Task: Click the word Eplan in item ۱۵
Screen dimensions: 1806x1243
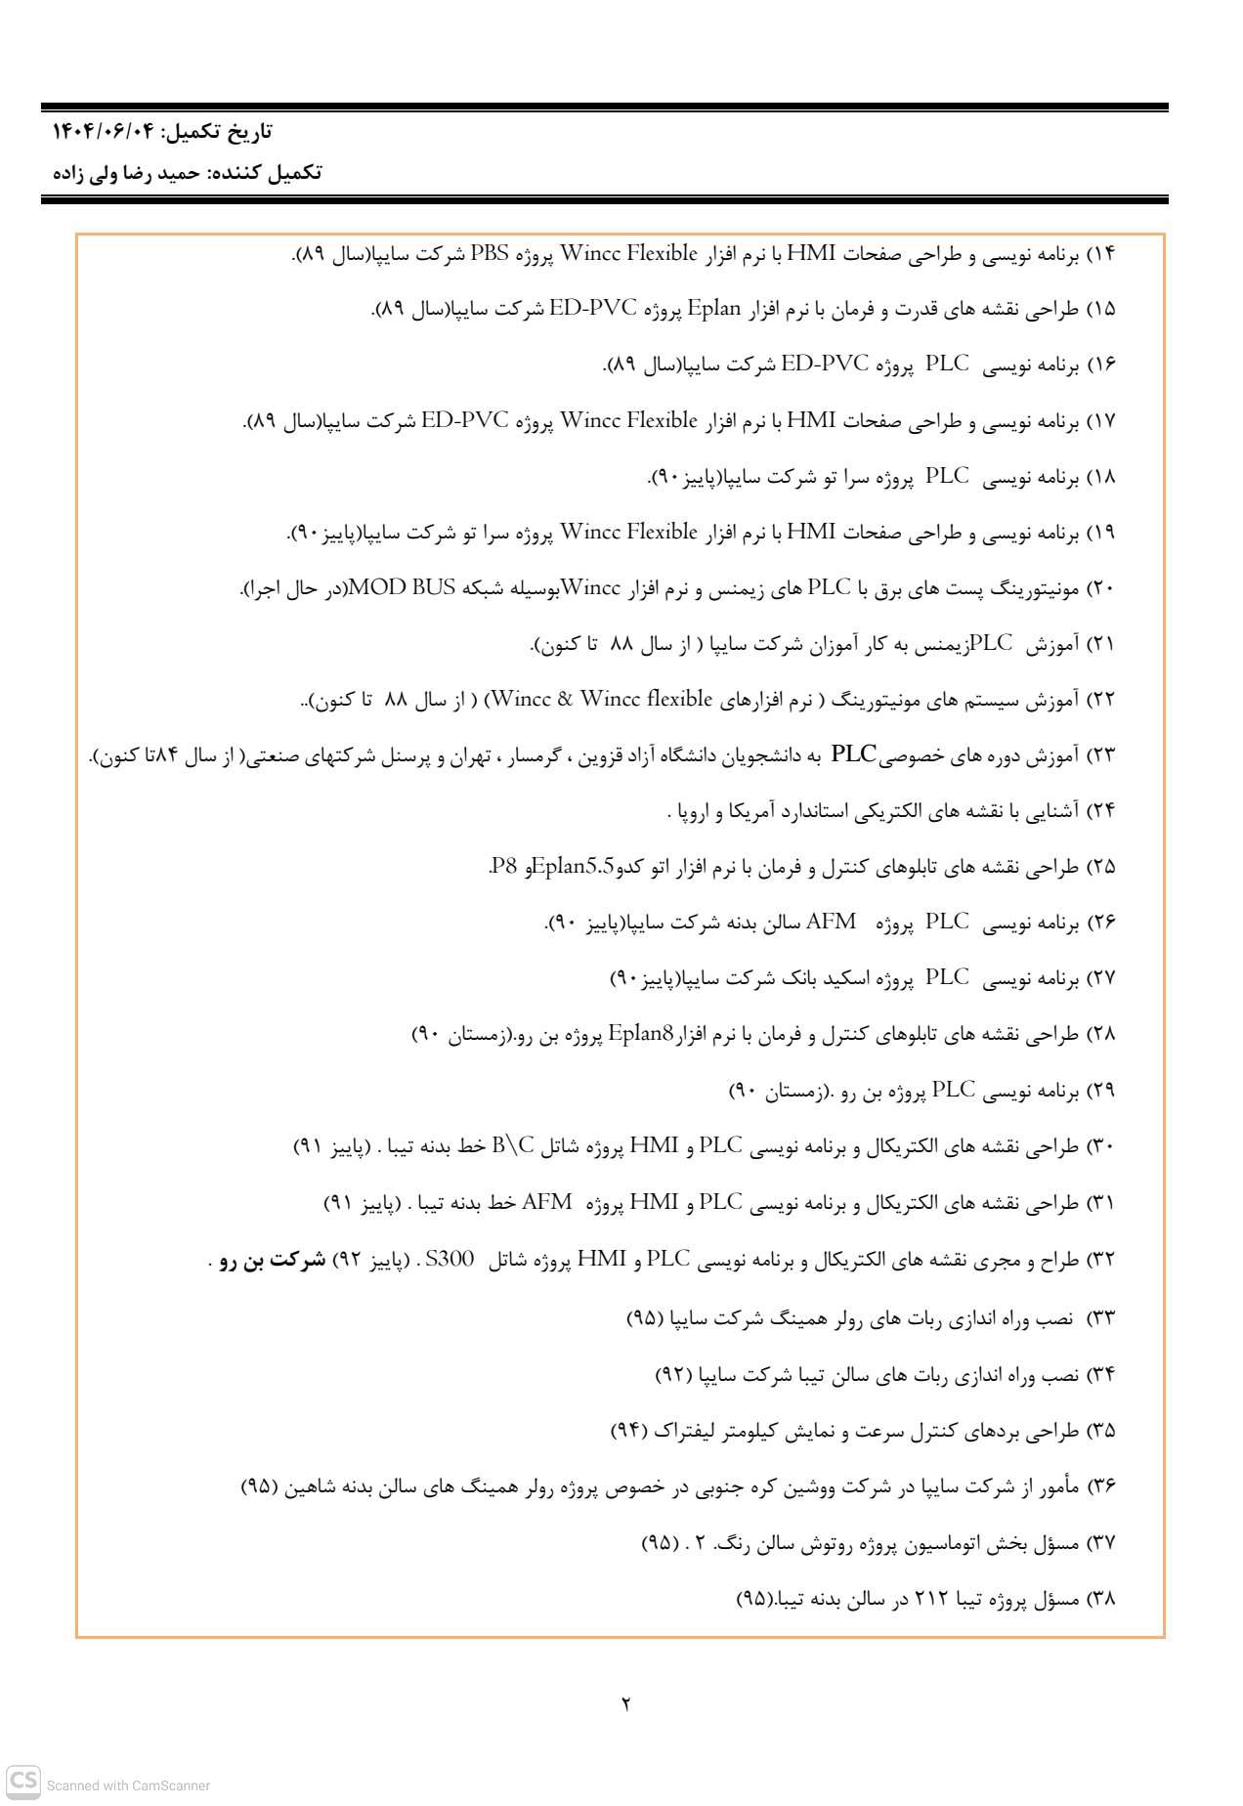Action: point(717,310)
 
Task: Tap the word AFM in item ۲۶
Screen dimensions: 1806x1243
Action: point(832,922)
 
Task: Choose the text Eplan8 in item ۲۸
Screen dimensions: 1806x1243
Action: point(641,1033)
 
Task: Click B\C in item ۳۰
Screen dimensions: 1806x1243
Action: point(514,1144)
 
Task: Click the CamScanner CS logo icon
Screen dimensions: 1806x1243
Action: point(23,1781)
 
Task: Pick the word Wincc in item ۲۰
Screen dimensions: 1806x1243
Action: point(586,588)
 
